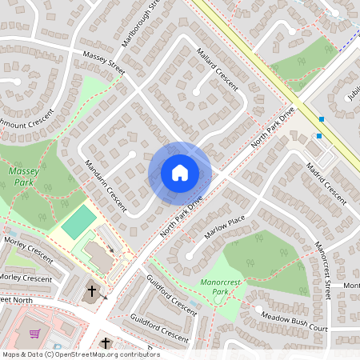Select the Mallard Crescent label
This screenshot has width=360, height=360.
(218, 71)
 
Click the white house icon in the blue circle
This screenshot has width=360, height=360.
(180, 173)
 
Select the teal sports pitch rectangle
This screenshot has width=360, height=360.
(78, 221)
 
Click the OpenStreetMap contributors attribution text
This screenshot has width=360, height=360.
(80, 354)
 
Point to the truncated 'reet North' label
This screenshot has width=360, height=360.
(18, 299)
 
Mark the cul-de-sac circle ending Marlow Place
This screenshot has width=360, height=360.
(190, 256)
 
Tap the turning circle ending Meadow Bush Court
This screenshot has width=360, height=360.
(258, 308)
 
